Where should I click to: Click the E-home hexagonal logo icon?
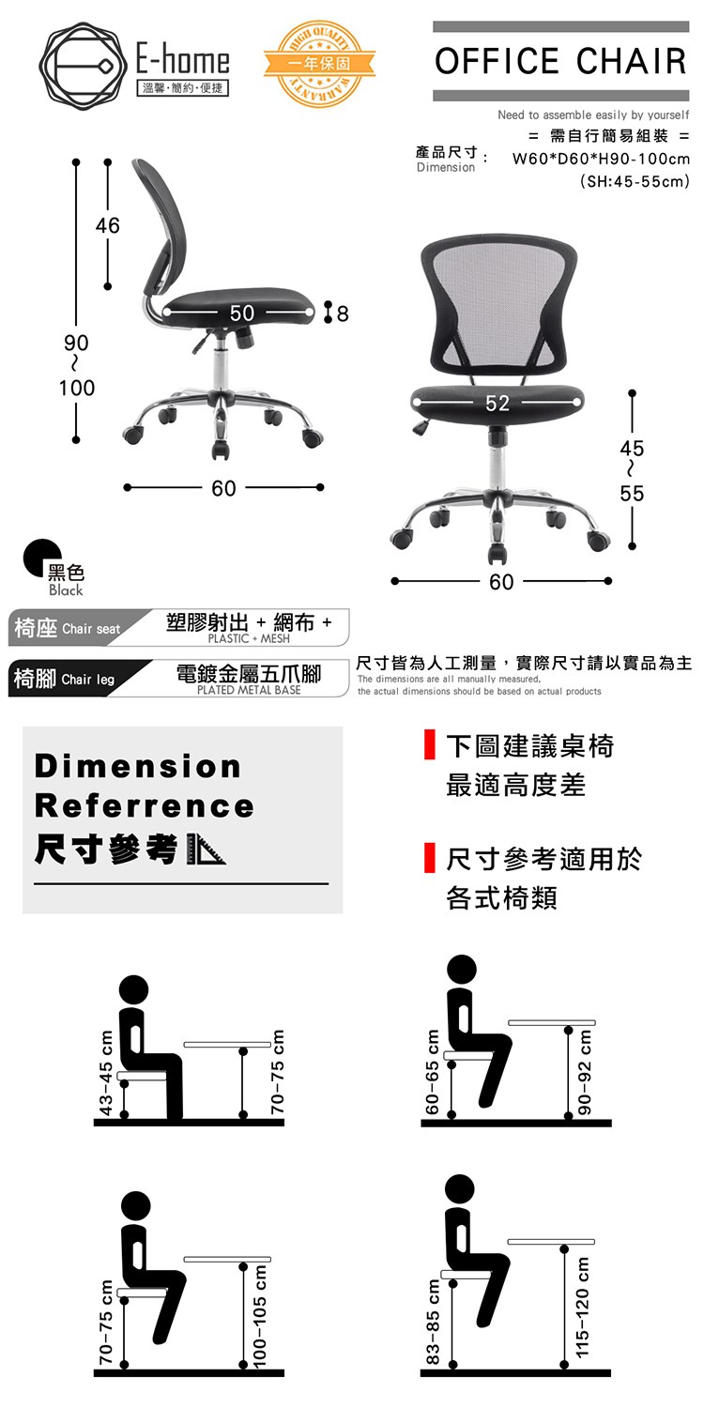click(x=80, y=65)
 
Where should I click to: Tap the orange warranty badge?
click(x=319, y=64)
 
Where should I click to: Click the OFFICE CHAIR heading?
click(x=560, y=61)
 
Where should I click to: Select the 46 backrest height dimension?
click(x=108, y=225)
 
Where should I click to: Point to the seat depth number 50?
click(x=241, y=313)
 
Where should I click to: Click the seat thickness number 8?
click(x=343, y=314)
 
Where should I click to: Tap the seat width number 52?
click(x=497, y=403)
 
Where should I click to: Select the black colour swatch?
click(x=41, y=558)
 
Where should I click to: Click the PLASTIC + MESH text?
click(x=249, y=638)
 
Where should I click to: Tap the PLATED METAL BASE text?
click(x=249, y=690)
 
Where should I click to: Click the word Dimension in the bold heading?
click(x=138, y=766)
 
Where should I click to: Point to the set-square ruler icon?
click(x=207, y=849)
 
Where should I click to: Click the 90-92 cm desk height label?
click(x=585, y=1072)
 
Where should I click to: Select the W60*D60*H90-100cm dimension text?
click(x=601, y=159)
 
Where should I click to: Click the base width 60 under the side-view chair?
click(x=223, y=488)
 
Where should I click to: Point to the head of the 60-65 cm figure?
click(x=462, y=970)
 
